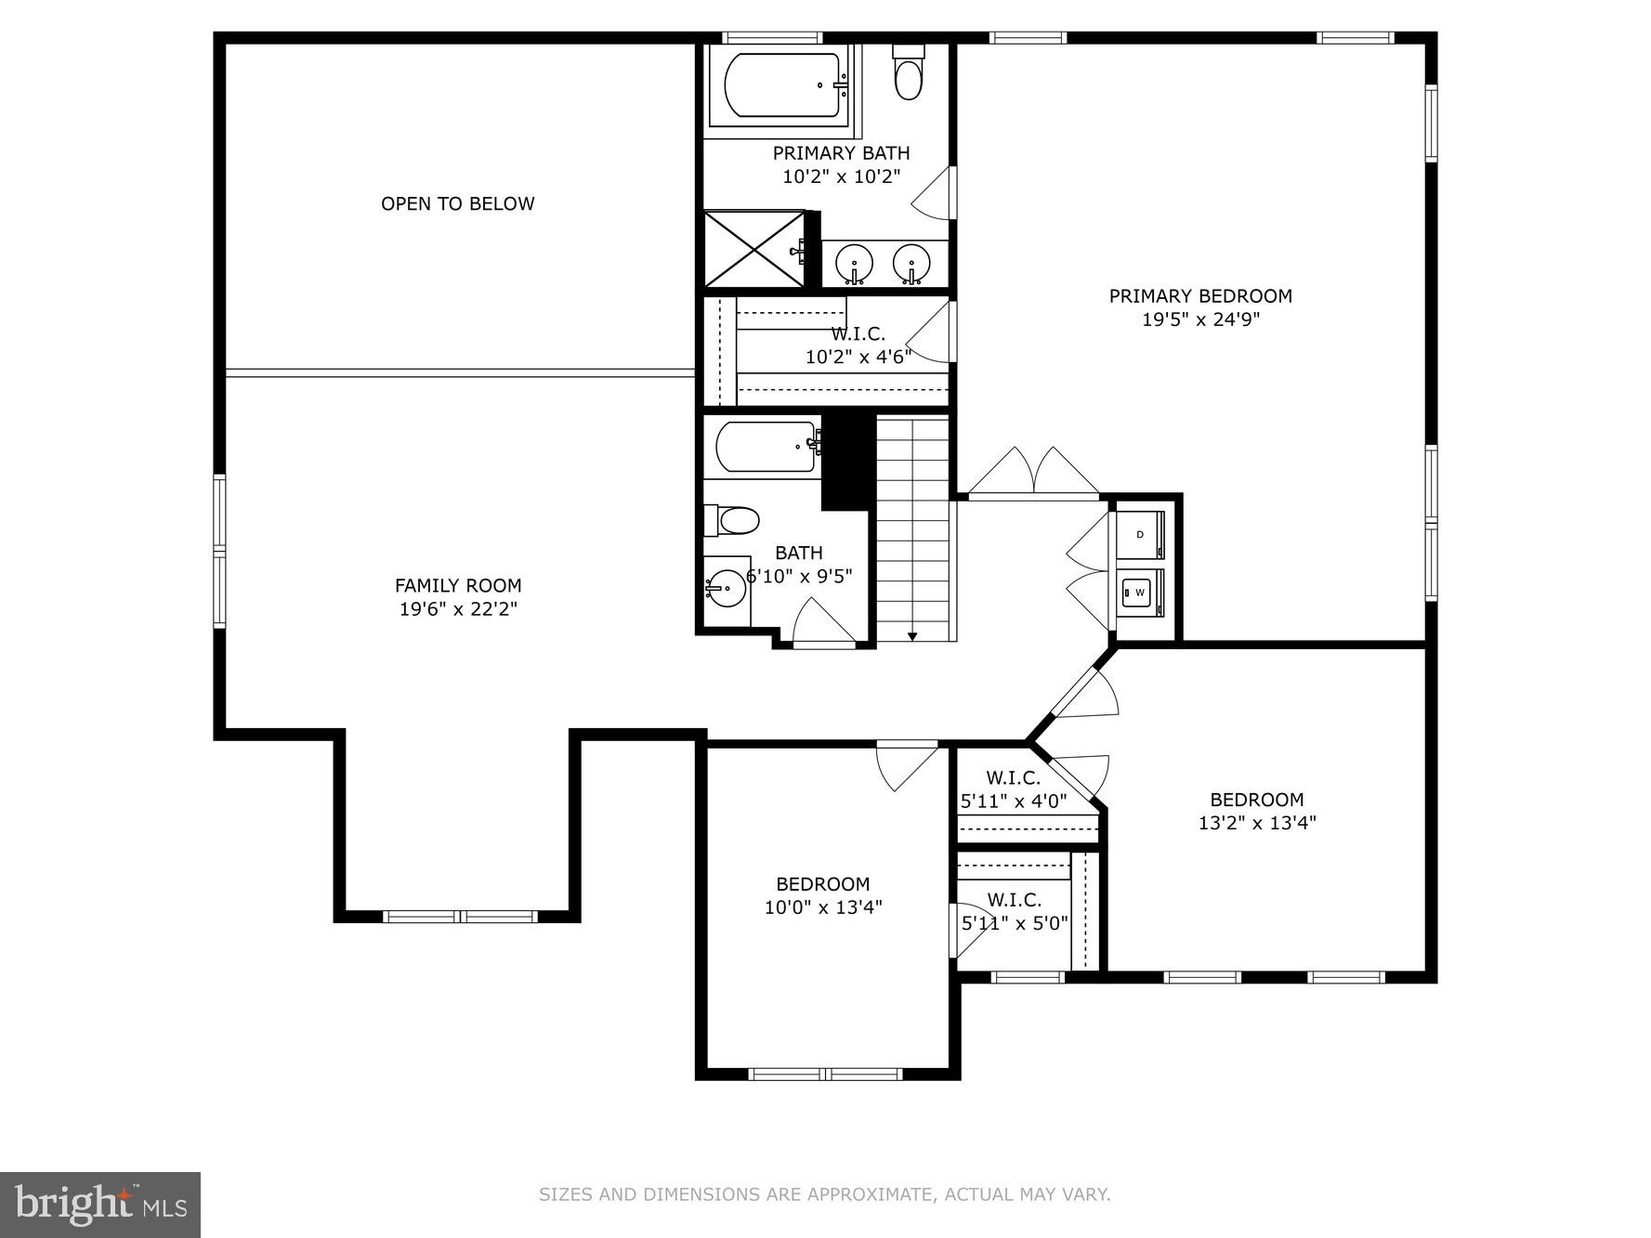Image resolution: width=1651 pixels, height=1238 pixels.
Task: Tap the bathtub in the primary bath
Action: pos(782,85)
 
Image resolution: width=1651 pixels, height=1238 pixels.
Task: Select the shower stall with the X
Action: pos(753,249)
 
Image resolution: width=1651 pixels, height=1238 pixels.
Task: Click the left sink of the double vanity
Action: pos(853,264)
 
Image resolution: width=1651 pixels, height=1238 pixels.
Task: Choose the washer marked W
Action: pos(1140,592)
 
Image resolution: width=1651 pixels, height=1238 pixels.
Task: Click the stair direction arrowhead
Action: pos(912,636)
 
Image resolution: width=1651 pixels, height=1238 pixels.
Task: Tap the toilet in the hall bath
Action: pos(733,520)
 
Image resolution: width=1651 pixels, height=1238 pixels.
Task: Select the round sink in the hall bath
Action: pos(726,588)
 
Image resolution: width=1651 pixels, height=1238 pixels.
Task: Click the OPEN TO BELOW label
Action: pos(457,203)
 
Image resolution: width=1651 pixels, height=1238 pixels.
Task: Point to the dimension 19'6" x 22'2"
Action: pos(457,609)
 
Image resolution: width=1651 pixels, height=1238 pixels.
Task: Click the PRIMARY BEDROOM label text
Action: pos(1199,296)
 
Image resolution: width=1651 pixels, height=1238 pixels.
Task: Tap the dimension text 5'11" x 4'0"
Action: pos(1013,800)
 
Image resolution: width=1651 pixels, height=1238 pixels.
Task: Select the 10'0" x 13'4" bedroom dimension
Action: pos(822,907)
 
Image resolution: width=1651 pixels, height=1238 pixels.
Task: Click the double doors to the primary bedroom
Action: pos(1033,474)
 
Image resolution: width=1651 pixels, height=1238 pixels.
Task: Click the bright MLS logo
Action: pos(100,1205)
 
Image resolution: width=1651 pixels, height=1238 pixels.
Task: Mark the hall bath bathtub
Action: pos(766,448)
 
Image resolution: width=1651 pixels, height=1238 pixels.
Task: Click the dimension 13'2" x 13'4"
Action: pos(1256,822)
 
